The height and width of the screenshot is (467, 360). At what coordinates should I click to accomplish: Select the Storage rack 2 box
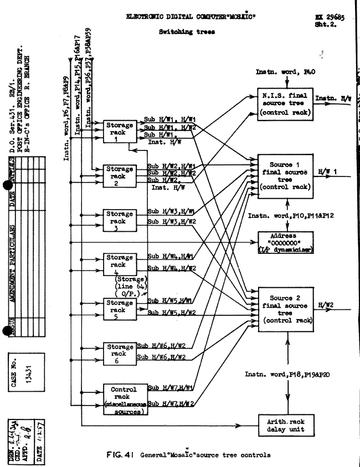120,176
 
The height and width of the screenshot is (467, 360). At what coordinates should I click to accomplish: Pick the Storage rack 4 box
120,264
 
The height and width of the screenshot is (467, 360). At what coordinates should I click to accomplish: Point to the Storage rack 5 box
120,310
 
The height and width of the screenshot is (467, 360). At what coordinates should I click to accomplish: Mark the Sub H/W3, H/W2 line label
172,223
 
